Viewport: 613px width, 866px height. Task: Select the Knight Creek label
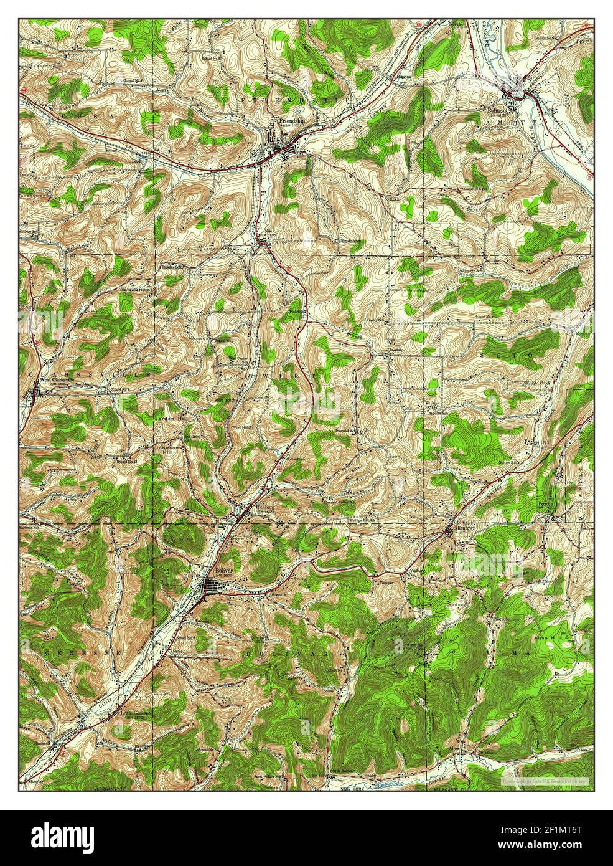(536, 383)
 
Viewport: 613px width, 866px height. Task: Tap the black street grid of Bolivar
(214, 586)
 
